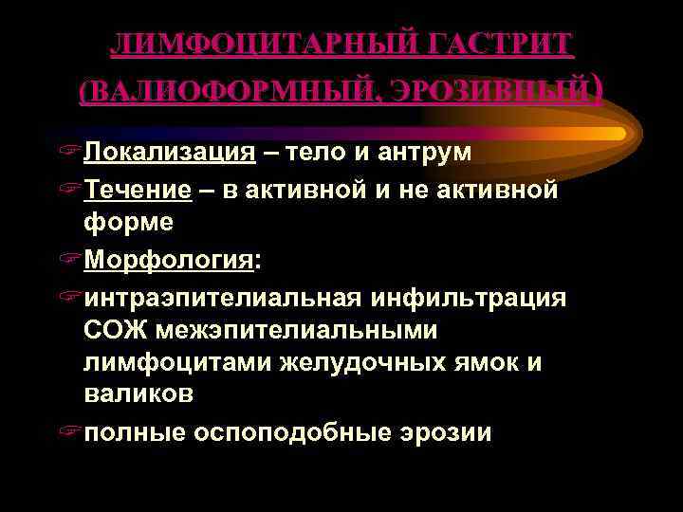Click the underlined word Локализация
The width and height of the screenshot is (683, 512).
[x=169, y=154]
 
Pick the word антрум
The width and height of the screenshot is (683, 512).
[x=428, y=154]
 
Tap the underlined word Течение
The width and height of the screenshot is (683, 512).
[x=138, y=190]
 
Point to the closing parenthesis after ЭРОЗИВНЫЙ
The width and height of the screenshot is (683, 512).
[x=597, y=89]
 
